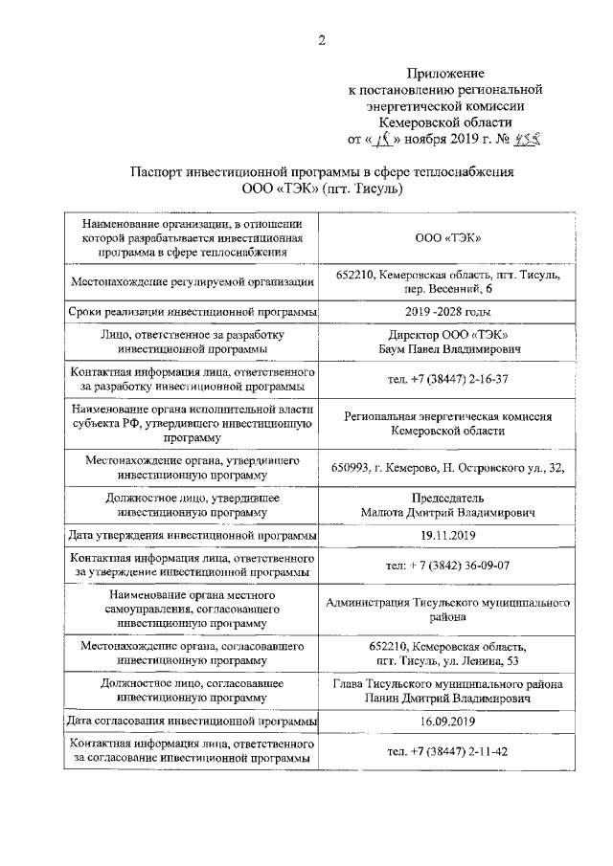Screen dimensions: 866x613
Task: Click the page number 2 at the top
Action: pyautogui.click(x=323, y=39)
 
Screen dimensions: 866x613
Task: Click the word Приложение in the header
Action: pyautogui.click(x=445, y=73)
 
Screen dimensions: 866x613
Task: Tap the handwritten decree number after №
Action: pyautogui.click(x=528, y=137)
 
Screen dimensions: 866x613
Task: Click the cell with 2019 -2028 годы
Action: pyautogui.click(x=448, y=312)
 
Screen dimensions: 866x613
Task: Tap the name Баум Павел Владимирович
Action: pyautogui.click(x=448, y=350)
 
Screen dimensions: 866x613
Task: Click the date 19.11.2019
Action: pyautogui.click(x=448, y=535)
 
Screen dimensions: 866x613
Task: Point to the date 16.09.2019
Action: pyautogui.click(x=448, y=721)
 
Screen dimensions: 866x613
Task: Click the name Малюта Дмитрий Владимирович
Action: pyautogui.click(x=448, y=512)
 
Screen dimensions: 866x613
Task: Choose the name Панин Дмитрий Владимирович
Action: pyautogui.click(x=448, y=698)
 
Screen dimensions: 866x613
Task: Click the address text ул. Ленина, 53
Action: pyautogui.click(x=476, y=660)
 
